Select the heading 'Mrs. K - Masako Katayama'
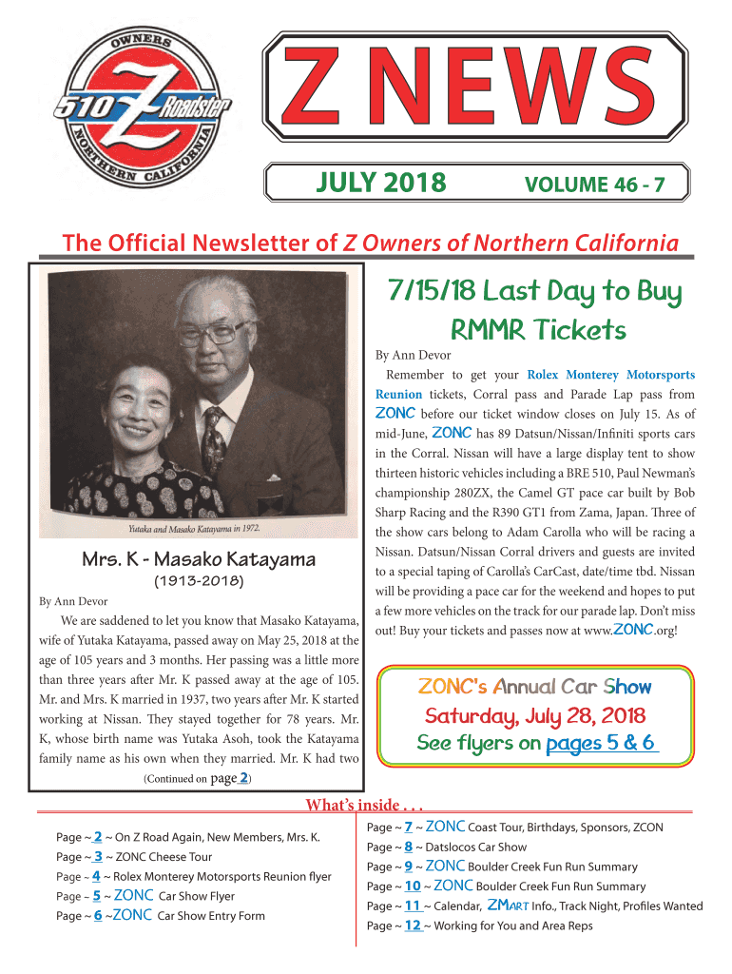[x=198, y=559]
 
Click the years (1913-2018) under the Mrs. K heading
[x=198, y=580]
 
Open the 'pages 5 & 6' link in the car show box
[x=601, y=743]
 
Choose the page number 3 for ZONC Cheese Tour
[x=97, y=856]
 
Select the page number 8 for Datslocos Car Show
[x=407, y=847]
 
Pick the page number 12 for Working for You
[x=413, y=925]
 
